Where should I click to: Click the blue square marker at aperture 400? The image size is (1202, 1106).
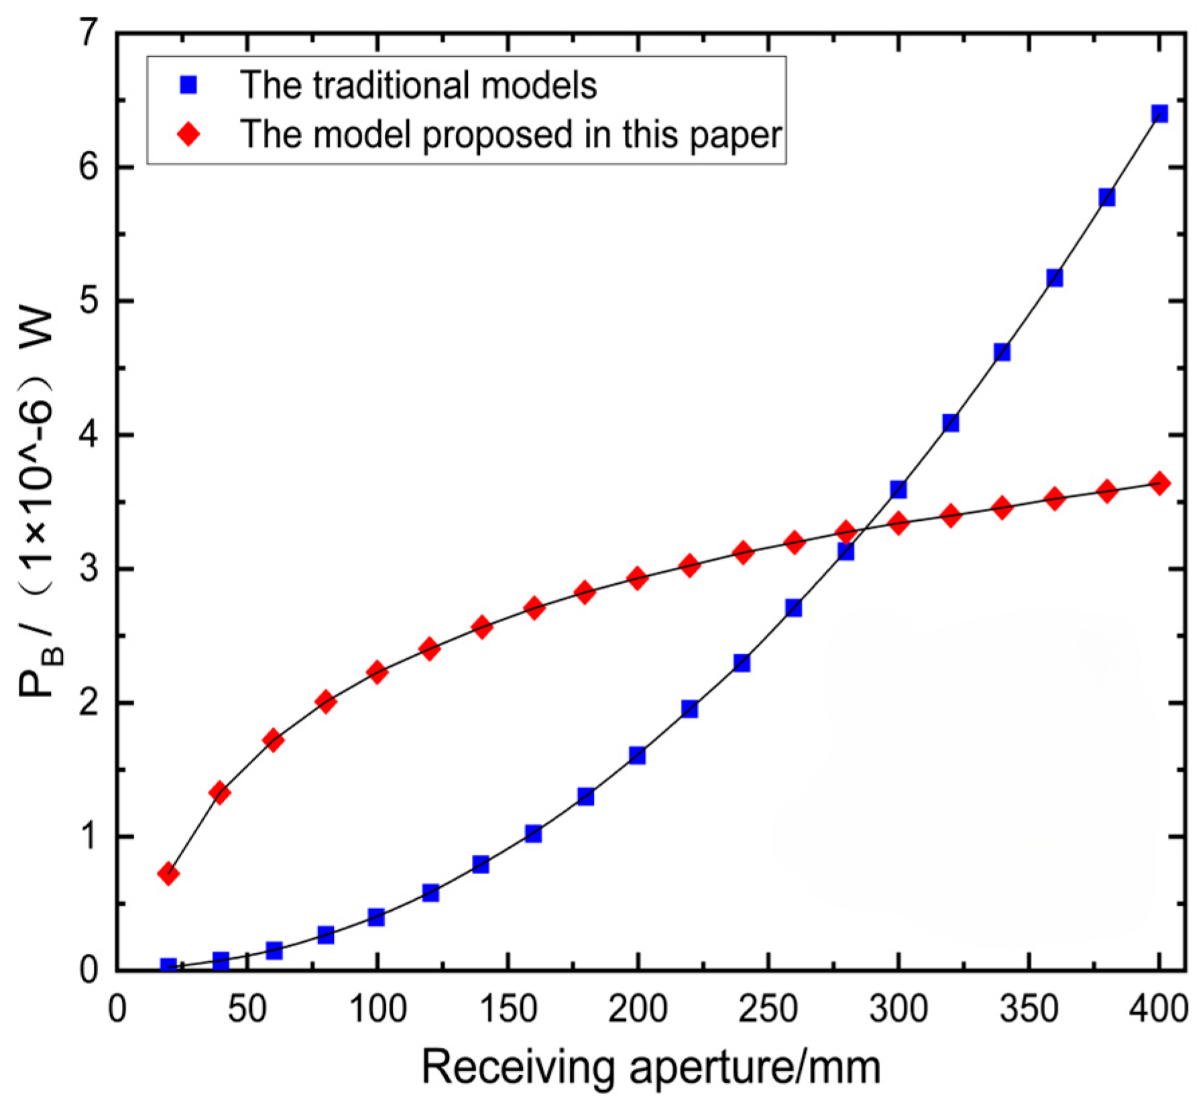[x=1160, y=114]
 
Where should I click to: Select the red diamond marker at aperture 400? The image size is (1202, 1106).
[x=1160, y=483]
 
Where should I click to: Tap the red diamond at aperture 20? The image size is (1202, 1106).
[x=168, y=874]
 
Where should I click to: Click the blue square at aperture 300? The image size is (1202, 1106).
[x=898, y=489]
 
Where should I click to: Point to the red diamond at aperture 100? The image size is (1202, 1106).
[x=377, y=672]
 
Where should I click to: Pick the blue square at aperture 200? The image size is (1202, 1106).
[x=638, y=755]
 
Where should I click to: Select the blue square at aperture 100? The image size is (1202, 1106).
[x=377, y=917]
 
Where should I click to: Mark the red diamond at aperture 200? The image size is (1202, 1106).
[x=638, y=578]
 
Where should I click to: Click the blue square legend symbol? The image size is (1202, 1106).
[x=190, y=85]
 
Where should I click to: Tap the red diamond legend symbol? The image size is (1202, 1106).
[x=190, y=134]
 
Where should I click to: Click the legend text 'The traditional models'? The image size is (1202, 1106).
[x=418, y=85]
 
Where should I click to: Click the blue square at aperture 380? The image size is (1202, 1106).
[x=1107, y=197]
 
